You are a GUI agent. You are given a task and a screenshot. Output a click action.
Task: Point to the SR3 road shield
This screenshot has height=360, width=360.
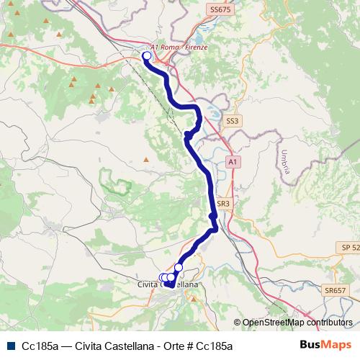222,204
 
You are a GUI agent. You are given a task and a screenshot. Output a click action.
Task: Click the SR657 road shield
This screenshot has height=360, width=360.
335,291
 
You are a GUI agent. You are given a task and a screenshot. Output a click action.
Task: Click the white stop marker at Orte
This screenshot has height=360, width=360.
147,55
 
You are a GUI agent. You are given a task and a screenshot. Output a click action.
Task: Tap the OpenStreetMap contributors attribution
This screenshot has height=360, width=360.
297,323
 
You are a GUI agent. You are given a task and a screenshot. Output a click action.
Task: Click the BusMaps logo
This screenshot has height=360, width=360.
327,344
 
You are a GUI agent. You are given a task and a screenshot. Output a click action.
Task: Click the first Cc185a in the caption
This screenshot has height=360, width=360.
40,345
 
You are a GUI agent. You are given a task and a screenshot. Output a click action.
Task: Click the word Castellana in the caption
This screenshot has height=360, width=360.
130,345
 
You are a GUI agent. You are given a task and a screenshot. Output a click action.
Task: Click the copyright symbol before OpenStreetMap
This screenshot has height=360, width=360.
237,323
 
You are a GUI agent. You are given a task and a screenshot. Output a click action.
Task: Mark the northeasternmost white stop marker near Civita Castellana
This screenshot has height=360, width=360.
179,268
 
